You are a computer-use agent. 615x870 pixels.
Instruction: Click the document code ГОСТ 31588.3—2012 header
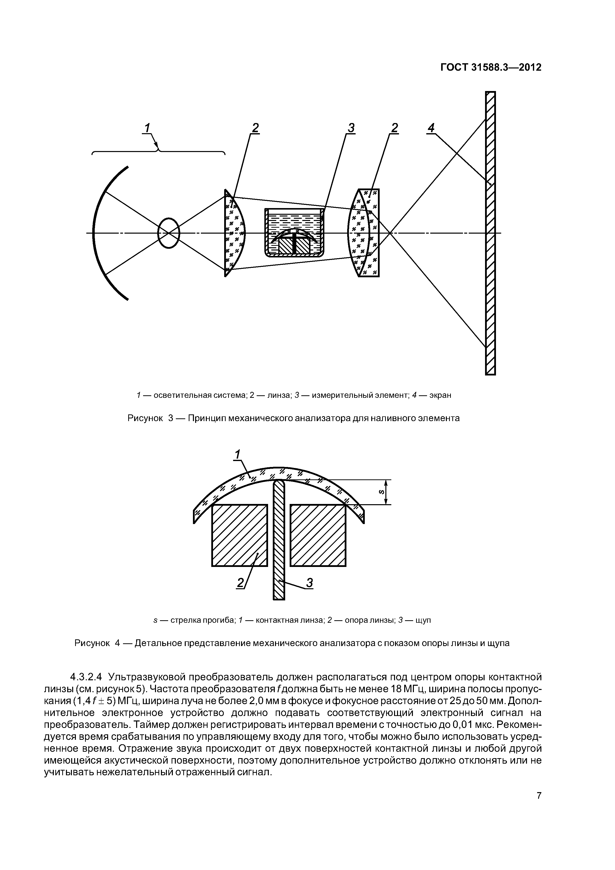[491, 67]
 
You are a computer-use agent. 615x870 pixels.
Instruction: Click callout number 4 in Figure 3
[431, 128]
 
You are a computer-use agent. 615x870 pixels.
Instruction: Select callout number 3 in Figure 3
[351, 128]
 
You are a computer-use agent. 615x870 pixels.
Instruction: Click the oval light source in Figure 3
[169, 233]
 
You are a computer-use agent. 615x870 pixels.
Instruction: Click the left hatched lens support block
[239, 535]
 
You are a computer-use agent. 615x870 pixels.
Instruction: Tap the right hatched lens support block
[318, 535]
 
